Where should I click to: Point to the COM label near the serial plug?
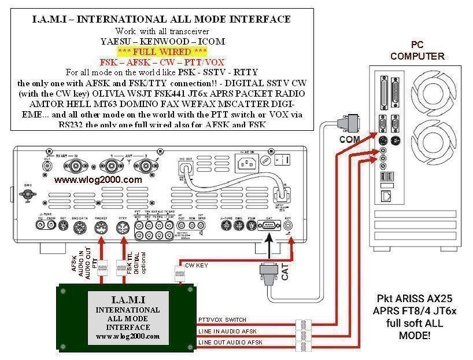(x=349, y=139)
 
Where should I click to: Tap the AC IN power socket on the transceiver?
(x=246, y=159)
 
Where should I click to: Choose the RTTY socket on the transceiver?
(x=122, y=227)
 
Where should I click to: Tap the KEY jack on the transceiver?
(x=289, y=226)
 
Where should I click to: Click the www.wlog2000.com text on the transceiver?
(x=98, y=179)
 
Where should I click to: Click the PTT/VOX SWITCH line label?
(x=222, y=319)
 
